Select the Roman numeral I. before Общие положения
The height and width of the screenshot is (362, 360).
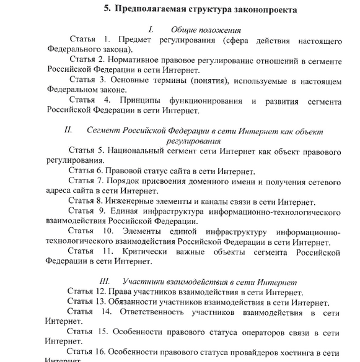click(x=151, y=29)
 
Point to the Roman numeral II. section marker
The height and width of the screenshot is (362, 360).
click(x=68, y=131)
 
